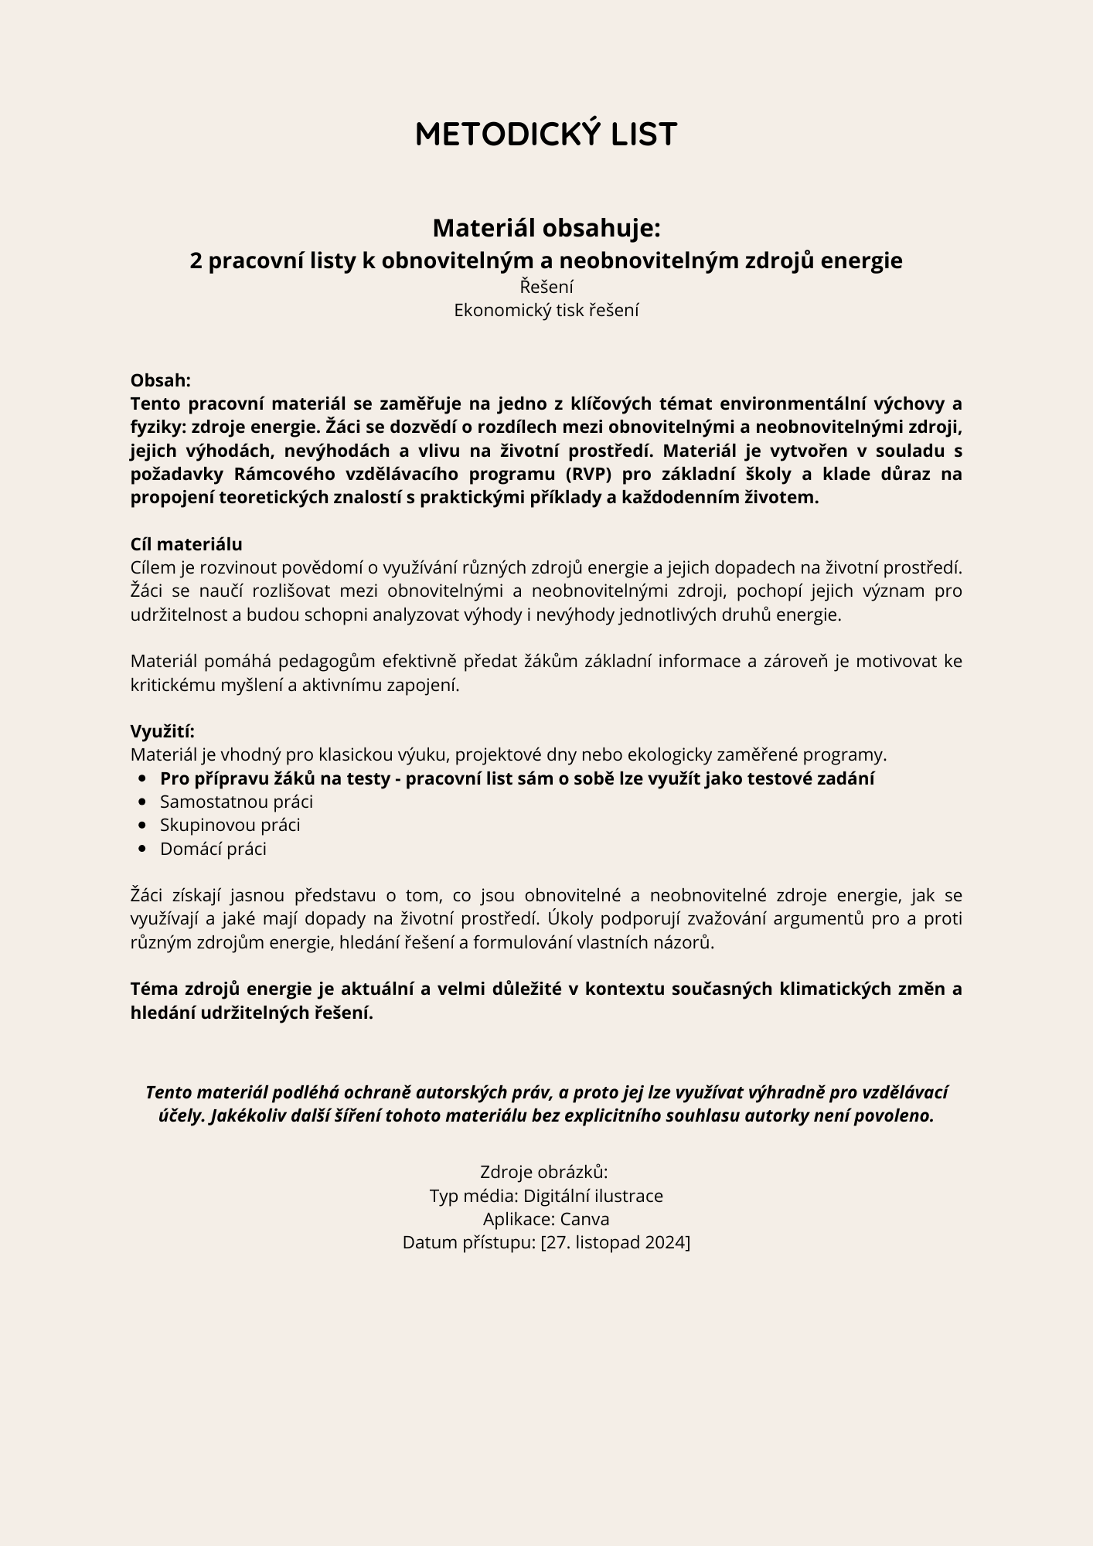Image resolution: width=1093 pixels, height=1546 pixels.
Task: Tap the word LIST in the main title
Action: [x=644, y=135]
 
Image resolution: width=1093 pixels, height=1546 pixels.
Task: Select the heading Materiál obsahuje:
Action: [x=546, y=228]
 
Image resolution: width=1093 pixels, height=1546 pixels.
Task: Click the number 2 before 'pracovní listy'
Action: [x=196, y=261]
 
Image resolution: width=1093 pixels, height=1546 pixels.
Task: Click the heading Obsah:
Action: [x=160, y=380]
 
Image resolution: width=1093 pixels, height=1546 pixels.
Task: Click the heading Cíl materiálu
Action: [x=186, y=544]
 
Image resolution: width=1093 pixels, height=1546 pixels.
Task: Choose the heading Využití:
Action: [x=162, y=731]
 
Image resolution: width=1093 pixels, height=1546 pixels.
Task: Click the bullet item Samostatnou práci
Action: [x=237, y=802]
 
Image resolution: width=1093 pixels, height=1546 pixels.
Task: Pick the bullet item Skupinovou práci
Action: [x=230, y=826]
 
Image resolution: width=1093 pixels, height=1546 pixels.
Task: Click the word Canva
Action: [x=584, y=1219]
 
